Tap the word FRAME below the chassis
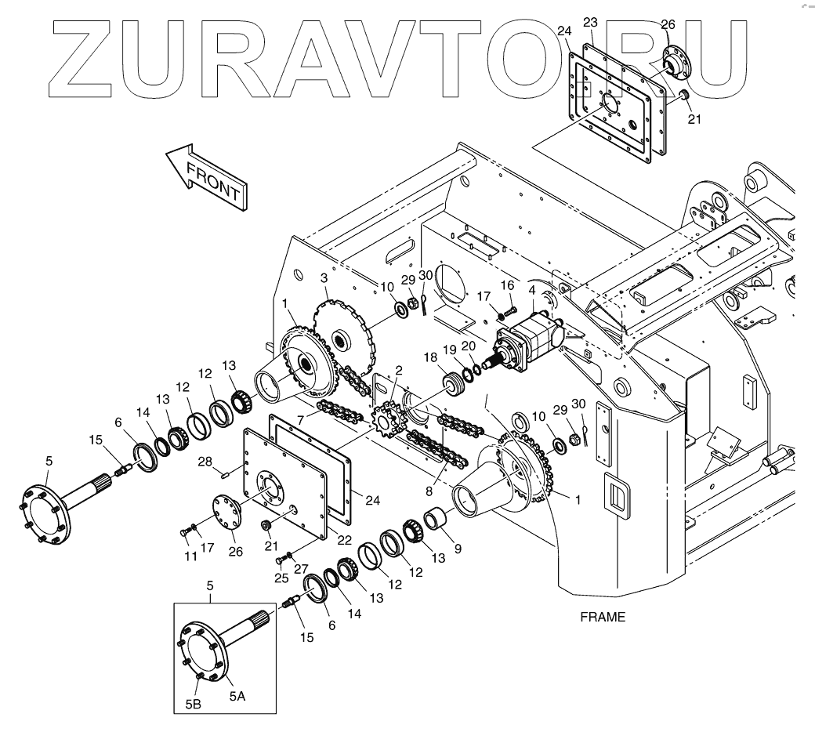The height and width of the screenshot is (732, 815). [603, 617]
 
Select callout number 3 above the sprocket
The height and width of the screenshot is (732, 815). [324, 278]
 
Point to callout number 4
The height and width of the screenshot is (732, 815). [532, 291]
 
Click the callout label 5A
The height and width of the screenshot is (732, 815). [237, 696]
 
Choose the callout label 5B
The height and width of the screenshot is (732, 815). [194, 704]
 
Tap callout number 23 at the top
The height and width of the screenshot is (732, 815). [590, 21]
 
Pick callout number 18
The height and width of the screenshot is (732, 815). [430, 357]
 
